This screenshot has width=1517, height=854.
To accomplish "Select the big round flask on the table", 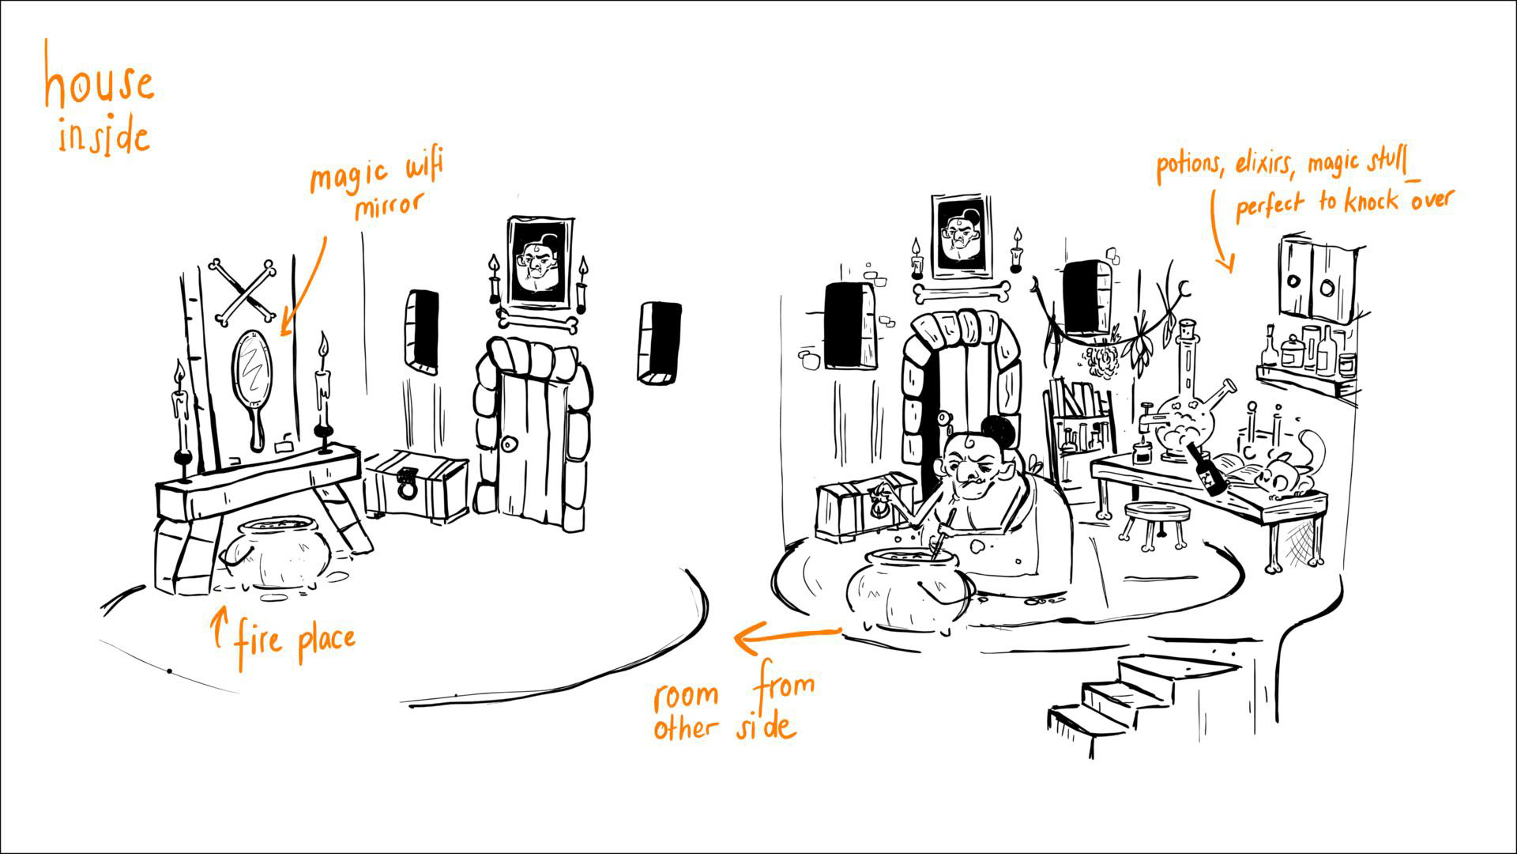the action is coord(1181,431).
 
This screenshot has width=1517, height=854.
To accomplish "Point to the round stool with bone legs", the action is coord(1158,522).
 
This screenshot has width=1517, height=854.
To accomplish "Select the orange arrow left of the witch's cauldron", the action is coord(786,635).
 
